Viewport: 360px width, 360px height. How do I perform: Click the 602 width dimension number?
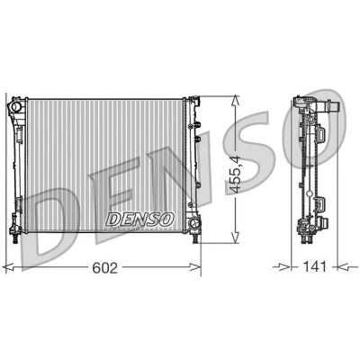pyautogui.click(x=104, y=267)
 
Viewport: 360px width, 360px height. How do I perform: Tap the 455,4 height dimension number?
pyautogui.click(x=234, y=175)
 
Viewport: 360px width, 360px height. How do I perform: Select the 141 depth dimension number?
pyautogui.click(x=314, y=266)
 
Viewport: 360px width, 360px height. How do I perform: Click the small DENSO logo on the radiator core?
pyautogui.click(x=140, y=220)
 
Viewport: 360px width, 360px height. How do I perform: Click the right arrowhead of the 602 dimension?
pyautogui.click(x=194, y=267)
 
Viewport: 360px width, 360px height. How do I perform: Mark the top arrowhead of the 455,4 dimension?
pyautogui.click(x=236, y=101)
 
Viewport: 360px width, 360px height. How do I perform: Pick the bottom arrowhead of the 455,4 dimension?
pyautogui.click(x=236, y=237)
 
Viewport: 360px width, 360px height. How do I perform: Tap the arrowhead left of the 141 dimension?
pyautogui.click(x=284, y=266)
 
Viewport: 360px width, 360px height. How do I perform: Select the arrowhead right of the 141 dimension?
pyautogui.click(x=343, y=266)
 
